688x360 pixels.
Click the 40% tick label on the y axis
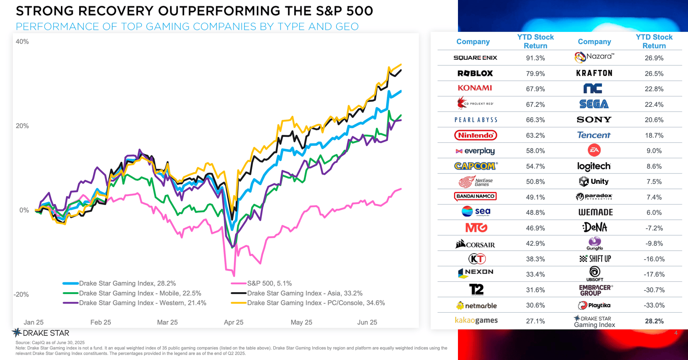(x=22, y=42)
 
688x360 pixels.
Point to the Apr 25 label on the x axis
(x=234, y=322)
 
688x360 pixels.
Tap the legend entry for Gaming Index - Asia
(x=305, y=293)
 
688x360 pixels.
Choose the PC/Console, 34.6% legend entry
(x=316, y=303)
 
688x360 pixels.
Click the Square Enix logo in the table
(x=475, y=58)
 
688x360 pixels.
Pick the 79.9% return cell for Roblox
(x=535, y=74)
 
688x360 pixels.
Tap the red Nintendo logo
(x=476, y=135)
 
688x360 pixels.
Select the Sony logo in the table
(x=594, y=120)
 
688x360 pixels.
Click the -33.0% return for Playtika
(x=654, y=305)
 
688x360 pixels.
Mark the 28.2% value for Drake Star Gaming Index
(x=654, y=321)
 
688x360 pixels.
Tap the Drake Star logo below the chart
(x=41, y=333)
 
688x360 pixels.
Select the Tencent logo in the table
(x=594, y=135)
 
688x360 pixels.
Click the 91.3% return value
(x=535, y=58)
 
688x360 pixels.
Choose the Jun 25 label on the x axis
(x=367, y=322)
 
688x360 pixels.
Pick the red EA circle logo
(x=594, y=150)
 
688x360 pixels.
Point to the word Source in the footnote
(x=23, y=343)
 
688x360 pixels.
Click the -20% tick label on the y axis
(x=21, y=295)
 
